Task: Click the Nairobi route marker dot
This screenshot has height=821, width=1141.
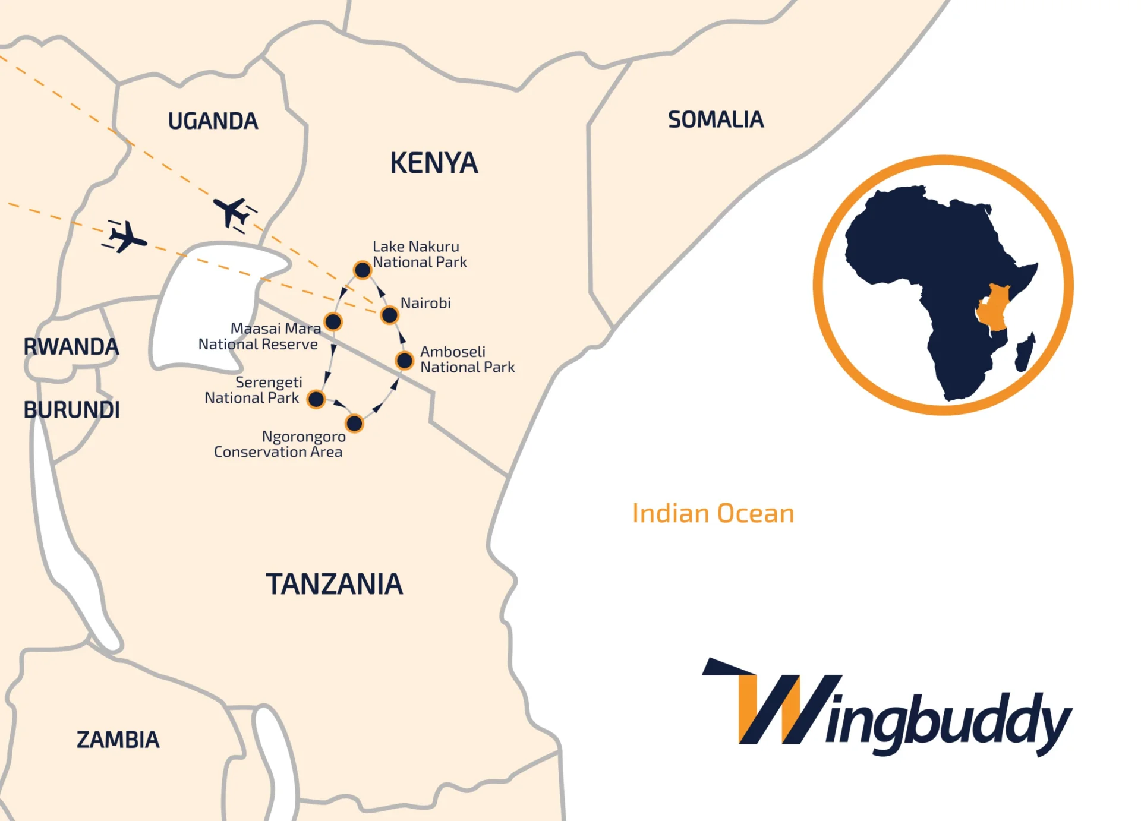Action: coord(389,315)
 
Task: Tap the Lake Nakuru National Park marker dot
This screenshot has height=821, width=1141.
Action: coord(363,270)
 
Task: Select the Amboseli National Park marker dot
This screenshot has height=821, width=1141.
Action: coord(405,360)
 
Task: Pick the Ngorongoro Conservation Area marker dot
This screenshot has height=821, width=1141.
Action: coord(354,424)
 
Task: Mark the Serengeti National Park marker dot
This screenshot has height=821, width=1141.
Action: coord(316,399)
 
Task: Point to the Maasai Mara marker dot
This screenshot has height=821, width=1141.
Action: coord(333,322)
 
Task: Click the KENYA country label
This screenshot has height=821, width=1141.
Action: coord(434,163)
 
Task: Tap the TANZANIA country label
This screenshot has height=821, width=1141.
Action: coord(334,585)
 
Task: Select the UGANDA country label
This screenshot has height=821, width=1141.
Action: coord(213,121)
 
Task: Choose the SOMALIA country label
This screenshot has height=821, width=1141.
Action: coord(716,120)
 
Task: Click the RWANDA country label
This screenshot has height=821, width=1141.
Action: coord(71,347)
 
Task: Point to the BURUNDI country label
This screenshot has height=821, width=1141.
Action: coord(71,410)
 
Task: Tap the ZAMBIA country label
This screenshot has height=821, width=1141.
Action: coord(118,740)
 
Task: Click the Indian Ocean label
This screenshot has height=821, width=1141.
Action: coord(713,514)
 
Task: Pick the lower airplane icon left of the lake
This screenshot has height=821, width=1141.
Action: coord(126,237)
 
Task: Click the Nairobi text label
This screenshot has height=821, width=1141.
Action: coord(425,303)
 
